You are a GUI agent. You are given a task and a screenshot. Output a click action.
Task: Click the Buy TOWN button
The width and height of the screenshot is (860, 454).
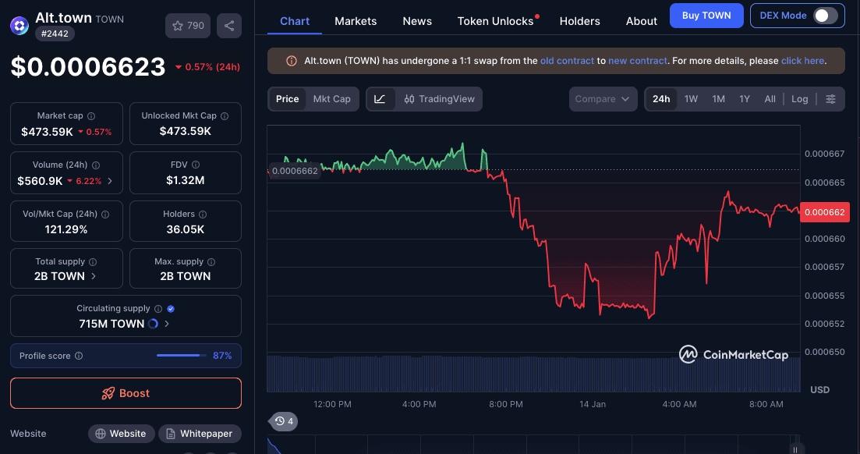(706, 16)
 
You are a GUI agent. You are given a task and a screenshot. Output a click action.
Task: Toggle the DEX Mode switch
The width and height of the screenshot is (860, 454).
(826, 16)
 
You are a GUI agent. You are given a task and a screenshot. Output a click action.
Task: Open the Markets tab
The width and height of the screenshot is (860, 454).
(356, 21)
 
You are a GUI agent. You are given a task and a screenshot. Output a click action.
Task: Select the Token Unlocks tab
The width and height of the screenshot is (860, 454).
(496, 21)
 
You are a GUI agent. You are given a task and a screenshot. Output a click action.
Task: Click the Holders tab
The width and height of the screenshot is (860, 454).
(580, 21)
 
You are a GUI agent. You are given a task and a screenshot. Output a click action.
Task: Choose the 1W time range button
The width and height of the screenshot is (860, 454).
(691, 99)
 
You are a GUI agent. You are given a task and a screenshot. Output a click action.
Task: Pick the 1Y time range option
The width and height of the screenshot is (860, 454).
(745, 99)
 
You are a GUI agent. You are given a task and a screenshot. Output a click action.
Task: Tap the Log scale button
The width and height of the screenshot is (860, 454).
(800, 99)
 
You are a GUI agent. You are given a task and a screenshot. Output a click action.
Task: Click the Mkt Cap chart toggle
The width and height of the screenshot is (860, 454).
(331, 99)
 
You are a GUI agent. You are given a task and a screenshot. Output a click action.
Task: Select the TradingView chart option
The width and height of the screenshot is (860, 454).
(440, 99)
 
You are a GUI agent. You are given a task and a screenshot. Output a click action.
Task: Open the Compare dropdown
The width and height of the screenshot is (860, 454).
(602, 99)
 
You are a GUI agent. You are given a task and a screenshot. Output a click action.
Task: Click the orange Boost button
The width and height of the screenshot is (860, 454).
(126, 393)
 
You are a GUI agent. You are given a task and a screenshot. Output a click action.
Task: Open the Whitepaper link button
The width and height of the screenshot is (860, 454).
(200, 434)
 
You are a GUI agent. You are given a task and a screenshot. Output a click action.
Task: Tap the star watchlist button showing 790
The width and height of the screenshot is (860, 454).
(188, 26)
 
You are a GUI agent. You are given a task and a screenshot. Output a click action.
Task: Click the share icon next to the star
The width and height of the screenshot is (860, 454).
(229, 26)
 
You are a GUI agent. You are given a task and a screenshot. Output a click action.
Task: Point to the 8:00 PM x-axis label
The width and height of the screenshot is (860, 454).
(506, 404)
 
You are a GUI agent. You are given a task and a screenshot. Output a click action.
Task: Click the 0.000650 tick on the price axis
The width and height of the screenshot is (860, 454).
(824, 353)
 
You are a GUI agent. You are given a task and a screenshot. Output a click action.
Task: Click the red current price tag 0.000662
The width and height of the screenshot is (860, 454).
(825, 212)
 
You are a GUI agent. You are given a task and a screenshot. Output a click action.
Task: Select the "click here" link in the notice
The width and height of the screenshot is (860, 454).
(802, 61)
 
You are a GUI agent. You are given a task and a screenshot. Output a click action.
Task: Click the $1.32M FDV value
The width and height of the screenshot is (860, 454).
(185, 180)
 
